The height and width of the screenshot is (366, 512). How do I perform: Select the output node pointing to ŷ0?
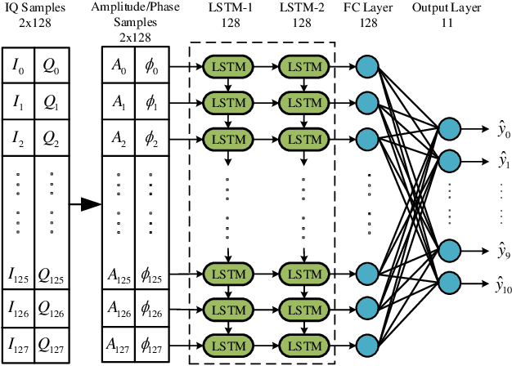[449, 128]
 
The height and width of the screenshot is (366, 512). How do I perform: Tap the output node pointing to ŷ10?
[449, 283]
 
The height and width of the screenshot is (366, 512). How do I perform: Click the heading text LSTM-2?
[303, 9]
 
